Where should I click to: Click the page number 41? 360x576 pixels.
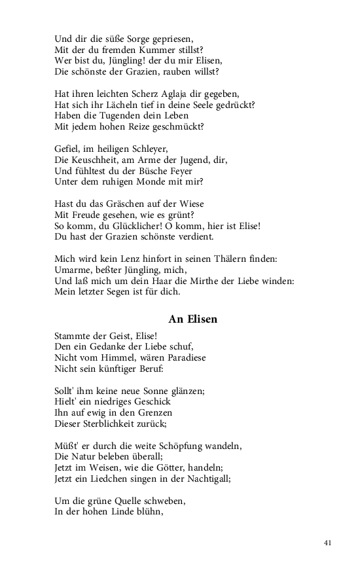tap(328, 543)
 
